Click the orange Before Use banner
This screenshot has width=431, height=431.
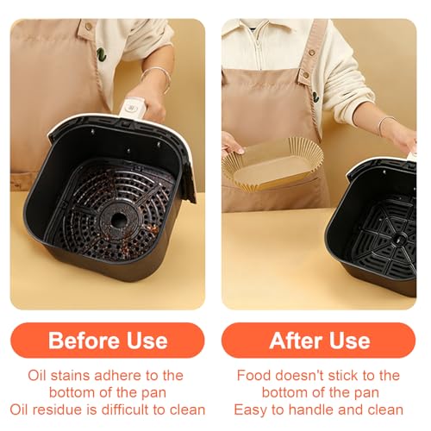point(108,340)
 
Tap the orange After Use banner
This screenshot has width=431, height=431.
point(319,340)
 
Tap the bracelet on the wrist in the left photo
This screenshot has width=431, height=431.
point(158,78)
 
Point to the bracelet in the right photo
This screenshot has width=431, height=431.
point(386,126)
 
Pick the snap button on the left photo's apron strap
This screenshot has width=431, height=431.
point(89,27)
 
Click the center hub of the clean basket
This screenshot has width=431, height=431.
point(400,239)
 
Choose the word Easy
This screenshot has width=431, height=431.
point(250,410)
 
